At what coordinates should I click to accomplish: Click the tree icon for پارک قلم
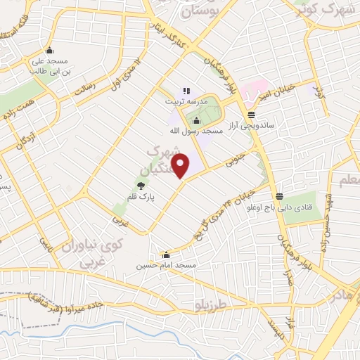[141, 186]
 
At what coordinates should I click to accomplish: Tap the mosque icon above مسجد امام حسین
[166, 255]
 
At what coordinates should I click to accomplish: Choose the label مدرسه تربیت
[187, 101]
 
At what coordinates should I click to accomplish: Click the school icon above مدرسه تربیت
[186, 91]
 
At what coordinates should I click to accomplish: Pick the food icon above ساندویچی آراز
[251, 115]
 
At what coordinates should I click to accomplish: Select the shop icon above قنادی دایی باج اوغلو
[280, 196]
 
